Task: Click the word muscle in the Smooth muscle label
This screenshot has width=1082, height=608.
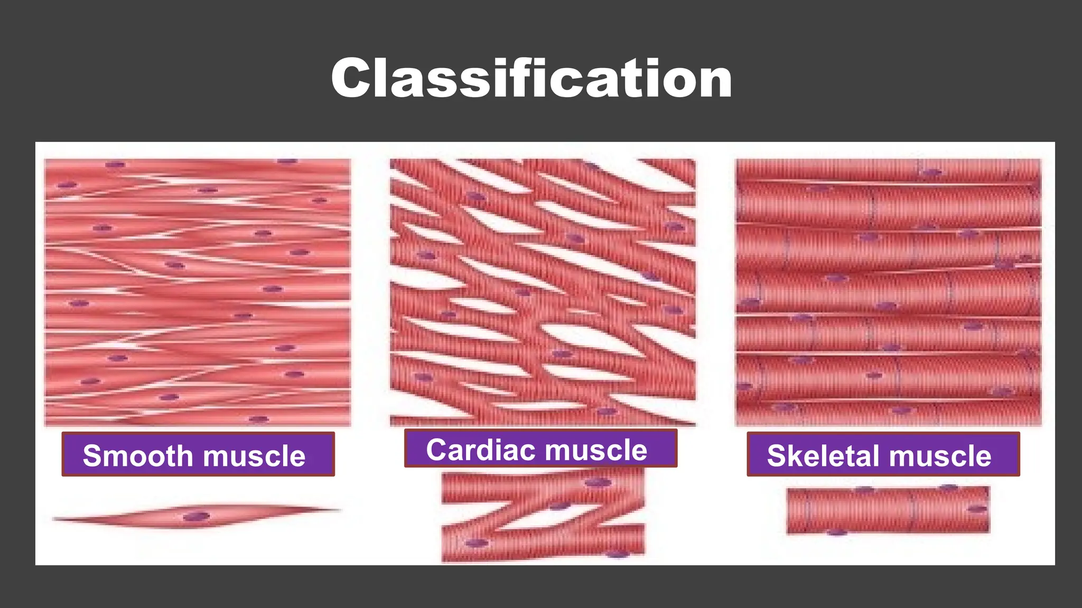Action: [x=254, y=455]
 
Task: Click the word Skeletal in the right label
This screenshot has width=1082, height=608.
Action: [x=820, y=455]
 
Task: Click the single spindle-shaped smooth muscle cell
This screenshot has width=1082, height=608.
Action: [x=197, y=515]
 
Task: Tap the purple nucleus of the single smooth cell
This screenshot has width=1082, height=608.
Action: [x=196, y=516]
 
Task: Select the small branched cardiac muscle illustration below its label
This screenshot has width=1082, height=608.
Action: [x=543, y=516]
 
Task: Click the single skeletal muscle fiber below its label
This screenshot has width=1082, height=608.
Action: [x=888, y=510]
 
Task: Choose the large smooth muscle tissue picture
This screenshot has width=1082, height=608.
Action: [x=198, y=292]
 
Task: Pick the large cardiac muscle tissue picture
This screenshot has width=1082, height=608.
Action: [x=543, y=292]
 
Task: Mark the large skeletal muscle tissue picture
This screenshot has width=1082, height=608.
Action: [x=888, y=292]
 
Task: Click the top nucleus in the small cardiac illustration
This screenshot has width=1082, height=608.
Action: [x=598, y=482]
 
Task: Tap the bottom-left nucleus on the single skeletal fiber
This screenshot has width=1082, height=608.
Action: [x=836, y=532]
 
